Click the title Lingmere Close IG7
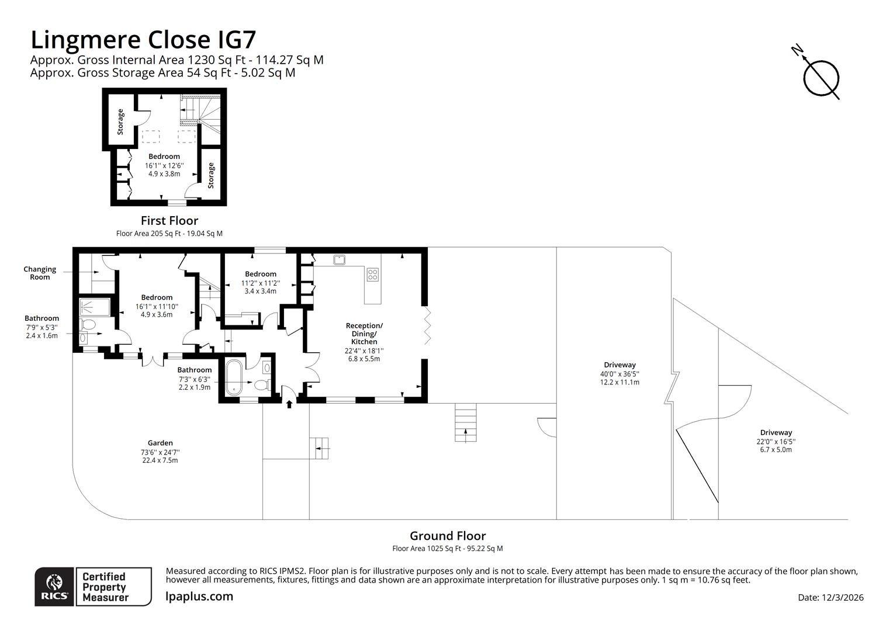143,40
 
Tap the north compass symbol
821,77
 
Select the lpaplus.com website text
199,597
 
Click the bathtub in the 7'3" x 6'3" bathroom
233,378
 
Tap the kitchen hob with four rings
372,274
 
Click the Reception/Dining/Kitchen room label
364,334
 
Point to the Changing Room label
40,273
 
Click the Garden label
160,443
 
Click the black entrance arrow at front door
289,403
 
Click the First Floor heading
169,221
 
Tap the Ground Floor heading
447,536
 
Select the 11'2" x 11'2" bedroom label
261,283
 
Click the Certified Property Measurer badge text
104,587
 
